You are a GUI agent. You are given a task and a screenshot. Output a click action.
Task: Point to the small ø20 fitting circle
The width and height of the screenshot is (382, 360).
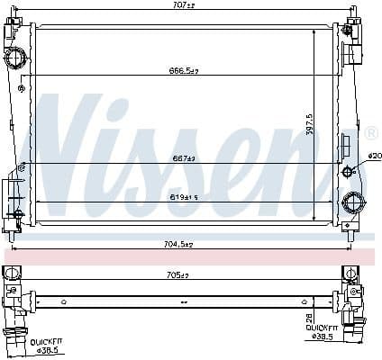(x=349, y=171)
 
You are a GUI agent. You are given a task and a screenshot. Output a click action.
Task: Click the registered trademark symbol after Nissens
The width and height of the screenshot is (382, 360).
(x=372, y=132)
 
